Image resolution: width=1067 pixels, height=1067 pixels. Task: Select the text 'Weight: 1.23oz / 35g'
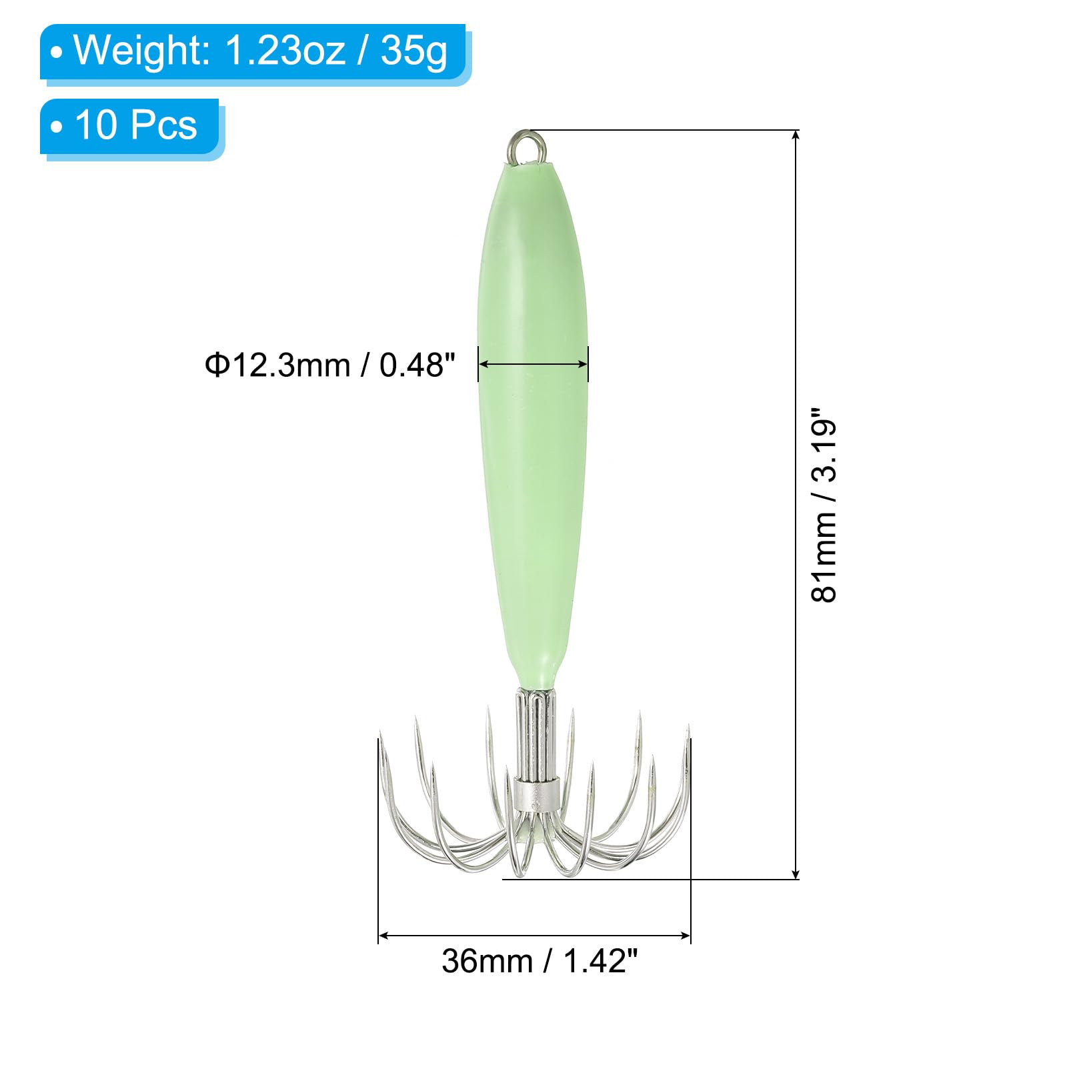261,51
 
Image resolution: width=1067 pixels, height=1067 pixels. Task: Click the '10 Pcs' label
136,125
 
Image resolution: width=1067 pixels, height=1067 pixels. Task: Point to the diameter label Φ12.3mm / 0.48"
330,365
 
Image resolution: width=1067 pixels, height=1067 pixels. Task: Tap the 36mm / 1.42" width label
540,961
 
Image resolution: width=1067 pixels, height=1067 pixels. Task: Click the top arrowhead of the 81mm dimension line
795,135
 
